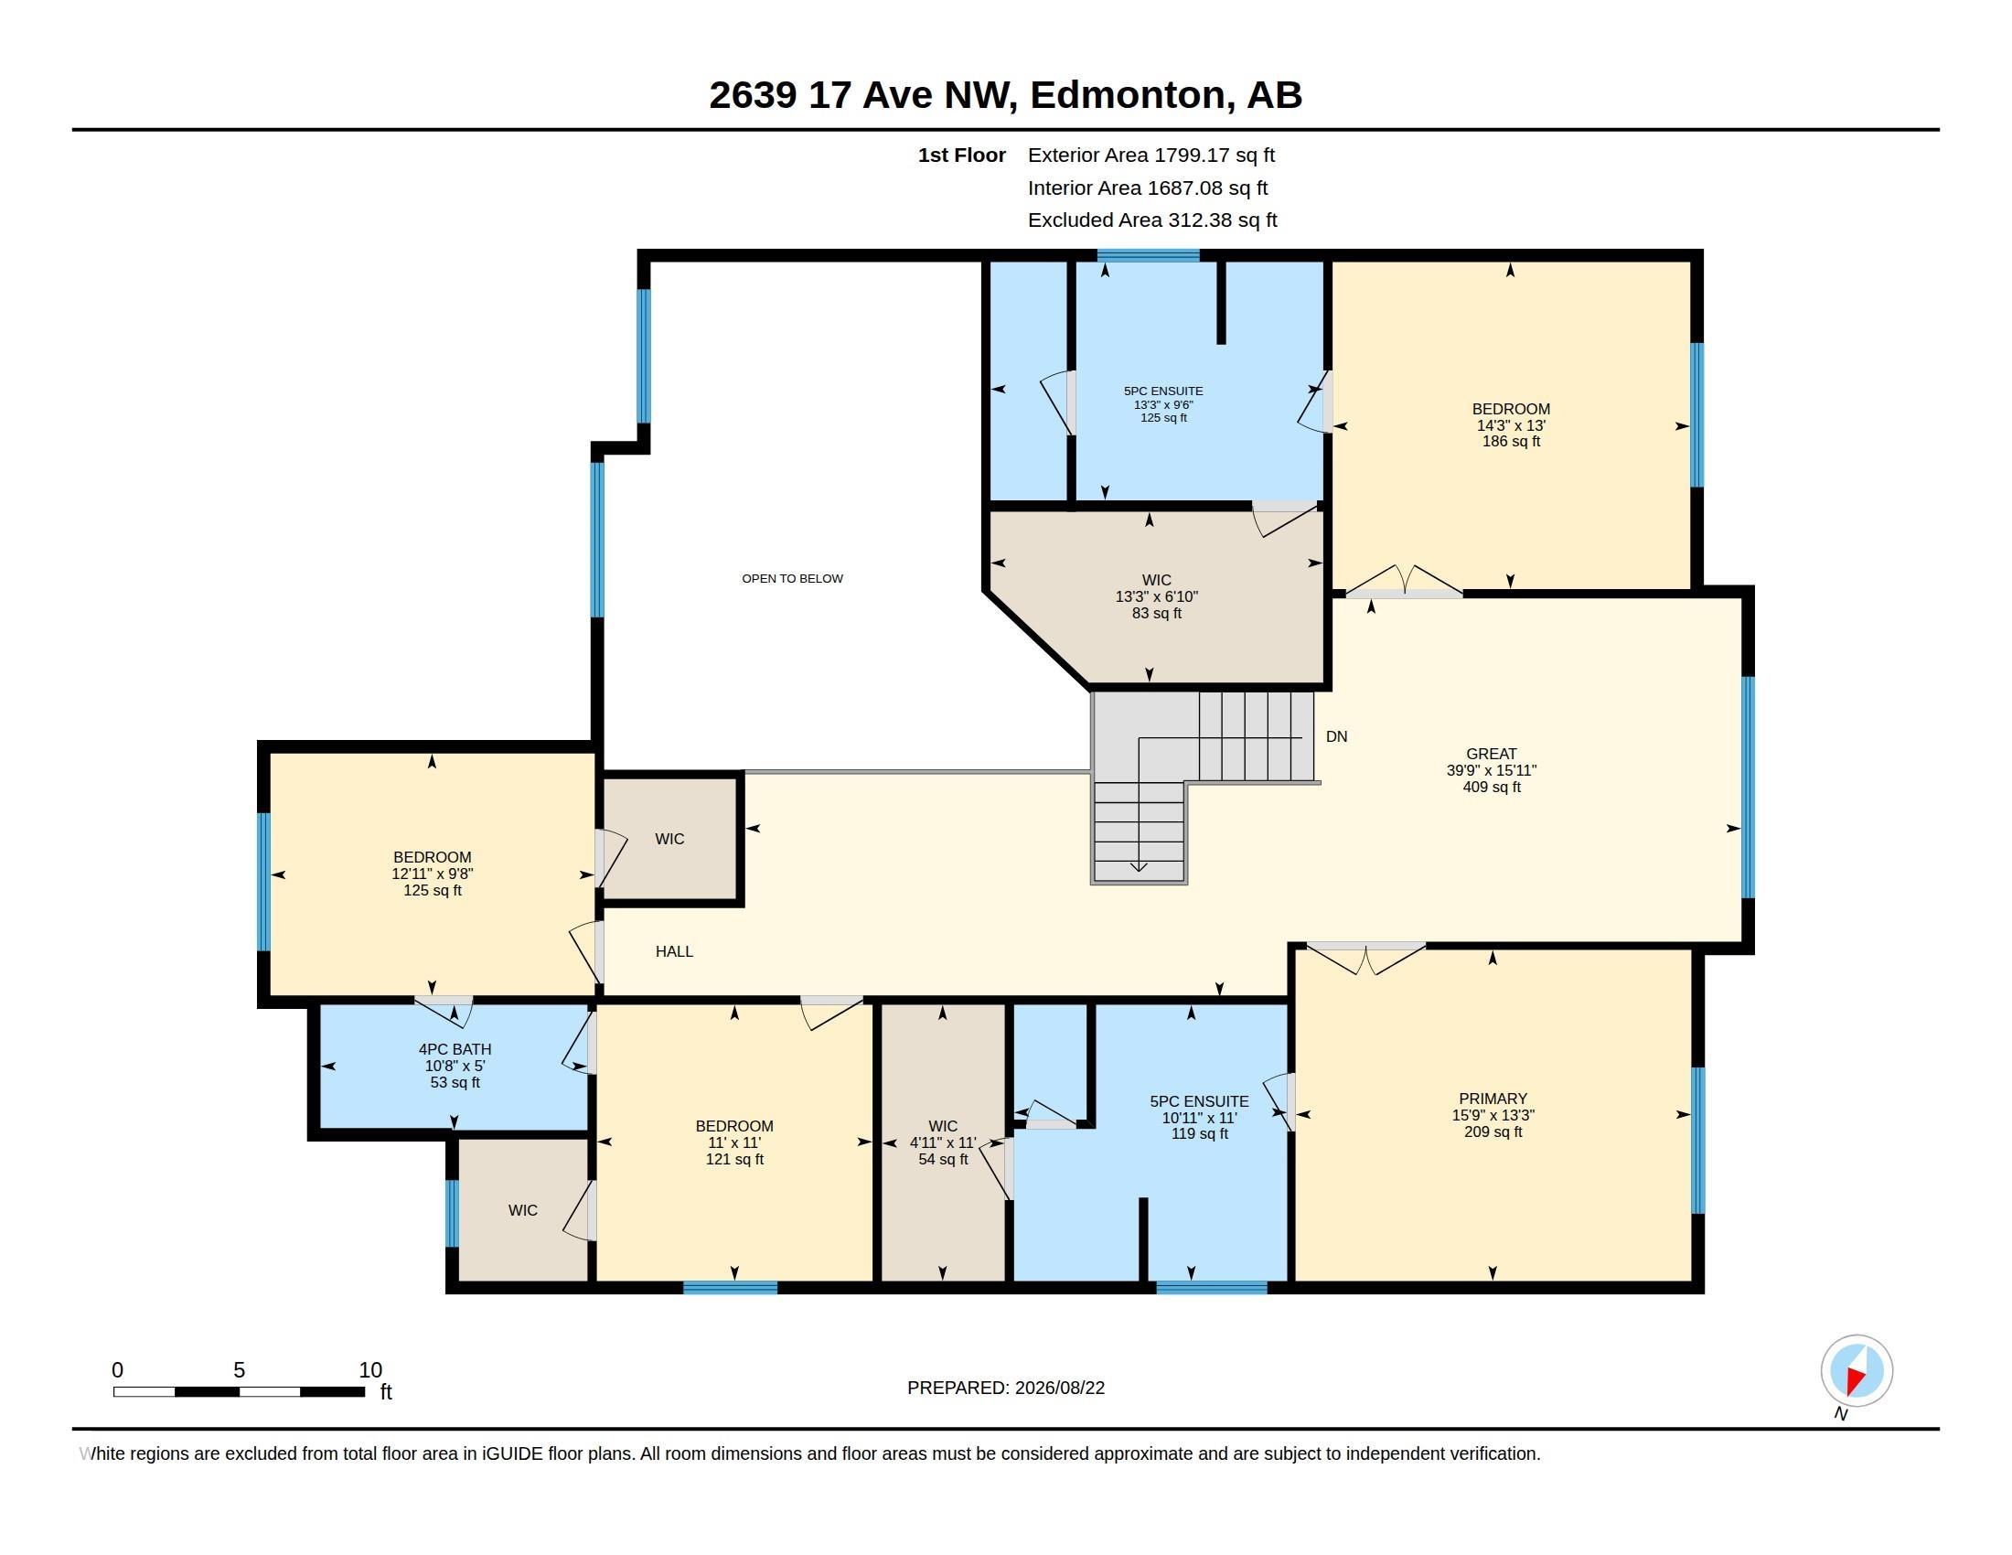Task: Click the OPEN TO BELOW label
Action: [x=792, y=578]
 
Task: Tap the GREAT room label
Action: [x=1492, y=754]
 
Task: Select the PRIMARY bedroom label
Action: [x=1493, y=1098]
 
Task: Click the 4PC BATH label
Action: [x=455, y=1049]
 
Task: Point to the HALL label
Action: [x=674, y=951]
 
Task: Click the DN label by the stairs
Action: [x=1337, y=736]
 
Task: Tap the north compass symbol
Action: [x=1857, y=1371]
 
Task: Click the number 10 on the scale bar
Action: [x=370, y=1370]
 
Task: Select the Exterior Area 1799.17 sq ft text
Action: [x=1151, y=155]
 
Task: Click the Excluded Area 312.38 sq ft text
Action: [x=1152, y=220]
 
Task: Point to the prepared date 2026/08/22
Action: [x=1059, y=1388]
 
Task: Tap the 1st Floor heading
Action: [x=962, y=155]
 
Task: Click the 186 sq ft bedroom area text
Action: [x=1511, y=441]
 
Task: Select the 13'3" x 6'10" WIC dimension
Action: [x=1156, y=597]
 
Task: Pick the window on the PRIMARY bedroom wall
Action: [x=1699, y=1141]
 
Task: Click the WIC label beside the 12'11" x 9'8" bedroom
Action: [x=669, y=839]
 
